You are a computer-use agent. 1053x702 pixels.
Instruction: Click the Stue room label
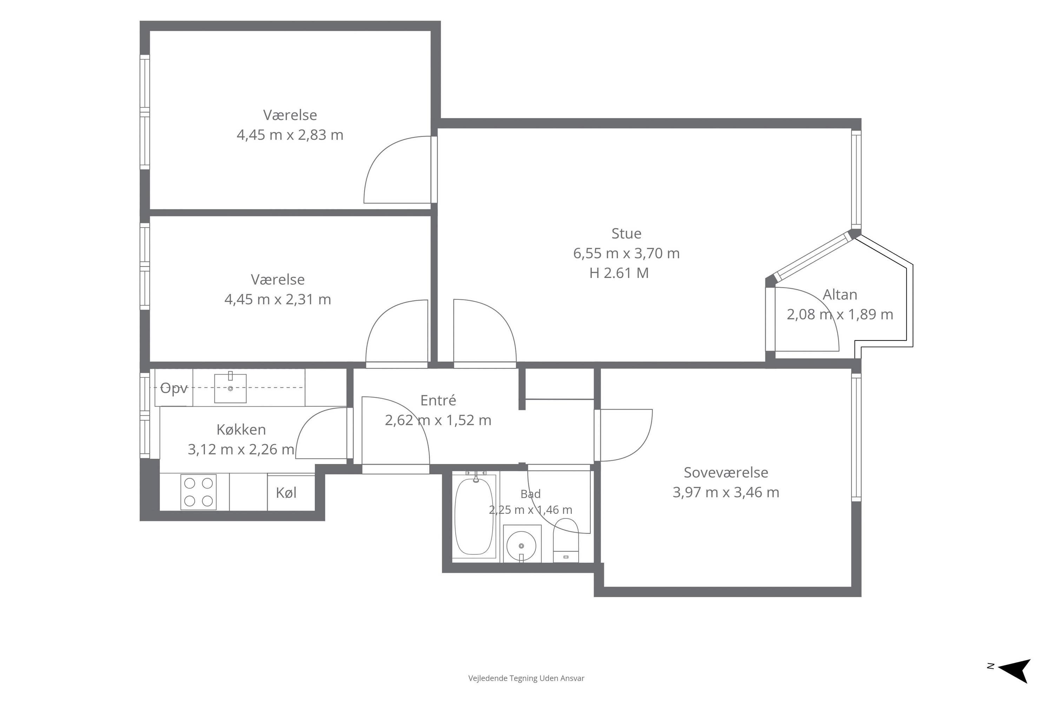pos(626,233)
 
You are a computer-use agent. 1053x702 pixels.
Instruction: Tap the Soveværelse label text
pos(726,472)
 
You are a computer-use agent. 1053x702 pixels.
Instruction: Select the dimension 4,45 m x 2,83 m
pos(290,135)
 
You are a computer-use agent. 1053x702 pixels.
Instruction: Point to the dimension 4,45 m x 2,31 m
pos(278,299)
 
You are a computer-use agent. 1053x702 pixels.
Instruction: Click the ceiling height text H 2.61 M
pos(619,273)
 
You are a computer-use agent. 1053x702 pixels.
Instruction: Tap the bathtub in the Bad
pos(474,516)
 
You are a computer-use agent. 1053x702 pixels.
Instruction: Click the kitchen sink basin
pos(230,388)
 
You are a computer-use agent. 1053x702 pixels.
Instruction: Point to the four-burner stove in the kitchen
pos(198,492)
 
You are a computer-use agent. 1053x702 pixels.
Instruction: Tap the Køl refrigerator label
pos(286,493)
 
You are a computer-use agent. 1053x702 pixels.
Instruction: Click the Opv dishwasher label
pos(174,388)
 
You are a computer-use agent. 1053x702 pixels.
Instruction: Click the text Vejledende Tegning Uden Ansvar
pos(526,678)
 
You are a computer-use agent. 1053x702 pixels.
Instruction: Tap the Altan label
pos(840,294)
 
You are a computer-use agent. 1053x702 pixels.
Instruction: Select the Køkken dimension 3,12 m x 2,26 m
pos(241,449)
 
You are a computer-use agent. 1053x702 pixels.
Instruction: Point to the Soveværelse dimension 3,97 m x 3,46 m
pos(726,492)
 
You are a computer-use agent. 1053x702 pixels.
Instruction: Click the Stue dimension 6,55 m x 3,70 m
pos(626,253)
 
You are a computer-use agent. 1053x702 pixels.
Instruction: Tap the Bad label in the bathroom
pos(530,494)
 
